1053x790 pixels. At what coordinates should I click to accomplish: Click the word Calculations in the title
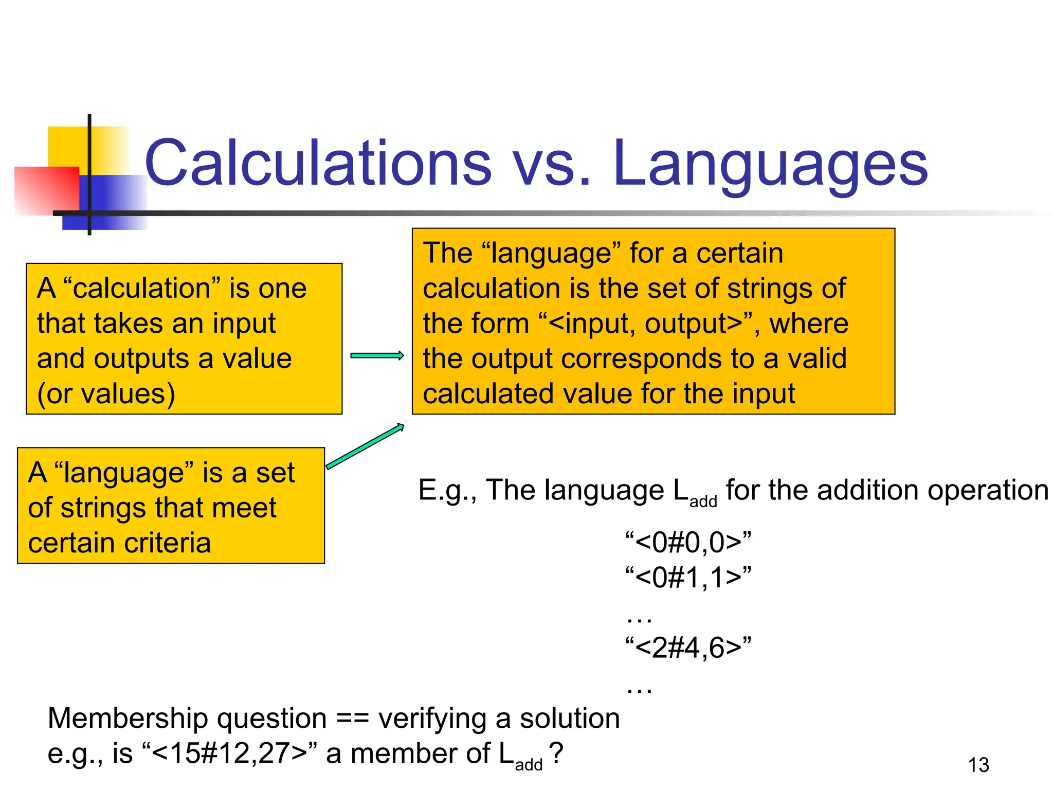tap(318, 163)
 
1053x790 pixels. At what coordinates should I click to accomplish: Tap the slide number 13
tap(978, 765)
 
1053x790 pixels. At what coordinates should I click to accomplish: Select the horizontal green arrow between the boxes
tap(377, 355)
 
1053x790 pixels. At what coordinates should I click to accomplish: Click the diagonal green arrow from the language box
tap(365, 446)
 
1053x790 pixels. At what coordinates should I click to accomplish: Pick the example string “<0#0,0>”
tap(688, 542)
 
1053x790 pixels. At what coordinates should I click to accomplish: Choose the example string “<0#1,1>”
tap(688, 577)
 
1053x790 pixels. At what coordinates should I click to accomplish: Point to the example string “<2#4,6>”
tap(688, 647)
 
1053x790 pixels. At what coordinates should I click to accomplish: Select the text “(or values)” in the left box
tap(106, 394)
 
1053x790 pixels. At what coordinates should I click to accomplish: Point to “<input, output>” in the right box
tap(645, 324)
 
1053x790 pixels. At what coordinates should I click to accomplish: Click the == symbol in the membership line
tap(352, 719)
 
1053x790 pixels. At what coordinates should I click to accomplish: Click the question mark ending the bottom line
tap(556, 753)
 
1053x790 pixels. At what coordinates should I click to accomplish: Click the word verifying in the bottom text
tap(432, 719)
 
